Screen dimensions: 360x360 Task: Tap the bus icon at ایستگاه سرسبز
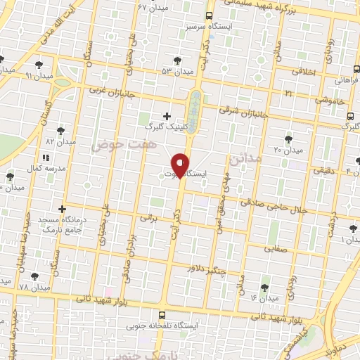pyautogui.click(x=209, y=16)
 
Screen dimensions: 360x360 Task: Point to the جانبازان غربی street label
pyautogui.click(x=110, y=91)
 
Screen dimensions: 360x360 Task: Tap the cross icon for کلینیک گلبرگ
pyautogui.click(x=167, y=115)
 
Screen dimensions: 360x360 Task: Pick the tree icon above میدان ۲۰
pyautogui.click(x=288, y=139)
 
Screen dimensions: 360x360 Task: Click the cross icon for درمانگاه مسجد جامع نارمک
pyautogui.click(x=63, y=209)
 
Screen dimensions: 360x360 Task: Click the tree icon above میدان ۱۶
pyautogui.click(x=264, y=287)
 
